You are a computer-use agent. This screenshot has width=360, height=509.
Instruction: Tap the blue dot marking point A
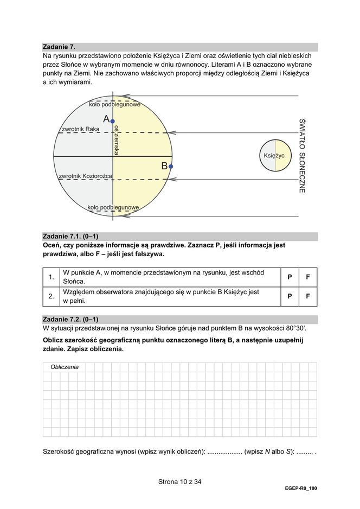point(112,122)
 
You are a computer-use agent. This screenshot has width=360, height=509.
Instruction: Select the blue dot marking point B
point(170,167)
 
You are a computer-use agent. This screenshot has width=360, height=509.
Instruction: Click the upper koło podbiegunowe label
point(114,104)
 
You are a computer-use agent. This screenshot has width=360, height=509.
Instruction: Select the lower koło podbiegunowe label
point(113,207)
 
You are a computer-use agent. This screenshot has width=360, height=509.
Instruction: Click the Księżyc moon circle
point(275,156)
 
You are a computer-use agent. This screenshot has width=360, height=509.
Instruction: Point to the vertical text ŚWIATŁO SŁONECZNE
point(302,156)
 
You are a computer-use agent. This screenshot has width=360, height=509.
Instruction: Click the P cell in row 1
point(290,277)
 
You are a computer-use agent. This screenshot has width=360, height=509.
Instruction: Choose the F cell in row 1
point(308,277)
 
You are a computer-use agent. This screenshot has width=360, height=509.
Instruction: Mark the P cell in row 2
point(290,296)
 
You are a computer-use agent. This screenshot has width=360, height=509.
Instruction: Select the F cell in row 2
point(308,296)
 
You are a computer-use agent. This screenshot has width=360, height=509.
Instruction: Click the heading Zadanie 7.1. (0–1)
point(70,236)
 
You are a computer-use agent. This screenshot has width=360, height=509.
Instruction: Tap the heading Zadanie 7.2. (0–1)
point(70,319)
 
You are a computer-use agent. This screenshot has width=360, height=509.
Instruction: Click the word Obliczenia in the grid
point(65,367)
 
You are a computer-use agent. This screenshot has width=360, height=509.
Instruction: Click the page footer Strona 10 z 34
point(179,481)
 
